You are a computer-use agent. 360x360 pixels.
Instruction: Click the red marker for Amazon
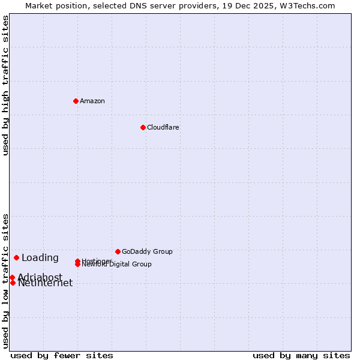point(76,101)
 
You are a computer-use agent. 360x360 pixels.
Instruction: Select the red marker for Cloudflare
point(143,127)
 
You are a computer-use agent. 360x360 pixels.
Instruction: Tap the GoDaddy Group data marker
point(118,251)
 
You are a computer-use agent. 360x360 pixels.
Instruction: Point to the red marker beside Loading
point(16,257)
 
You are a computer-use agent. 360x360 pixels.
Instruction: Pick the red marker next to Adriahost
point(12,277)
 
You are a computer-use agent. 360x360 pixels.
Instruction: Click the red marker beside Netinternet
point(13,283)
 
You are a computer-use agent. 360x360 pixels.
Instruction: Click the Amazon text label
point(92,101)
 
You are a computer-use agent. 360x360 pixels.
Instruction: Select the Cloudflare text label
point(163,127)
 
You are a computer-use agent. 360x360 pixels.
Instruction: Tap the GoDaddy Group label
point(147,251)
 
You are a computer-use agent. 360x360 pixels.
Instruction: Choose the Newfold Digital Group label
point(117,265)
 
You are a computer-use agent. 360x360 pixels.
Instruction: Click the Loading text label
point(40,258)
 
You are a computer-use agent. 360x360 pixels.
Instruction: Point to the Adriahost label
point(40,277)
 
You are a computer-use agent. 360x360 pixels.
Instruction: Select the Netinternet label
point(46,284)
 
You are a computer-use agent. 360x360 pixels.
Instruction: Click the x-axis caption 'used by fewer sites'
point(62,355)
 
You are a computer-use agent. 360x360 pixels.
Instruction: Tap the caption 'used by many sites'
point(301,355)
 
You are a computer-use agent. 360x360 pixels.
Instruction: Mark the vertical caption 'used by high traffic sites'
point(6,85)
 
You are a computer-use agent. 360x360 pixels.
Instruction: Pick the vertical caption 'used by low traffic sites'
point(6,281)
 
